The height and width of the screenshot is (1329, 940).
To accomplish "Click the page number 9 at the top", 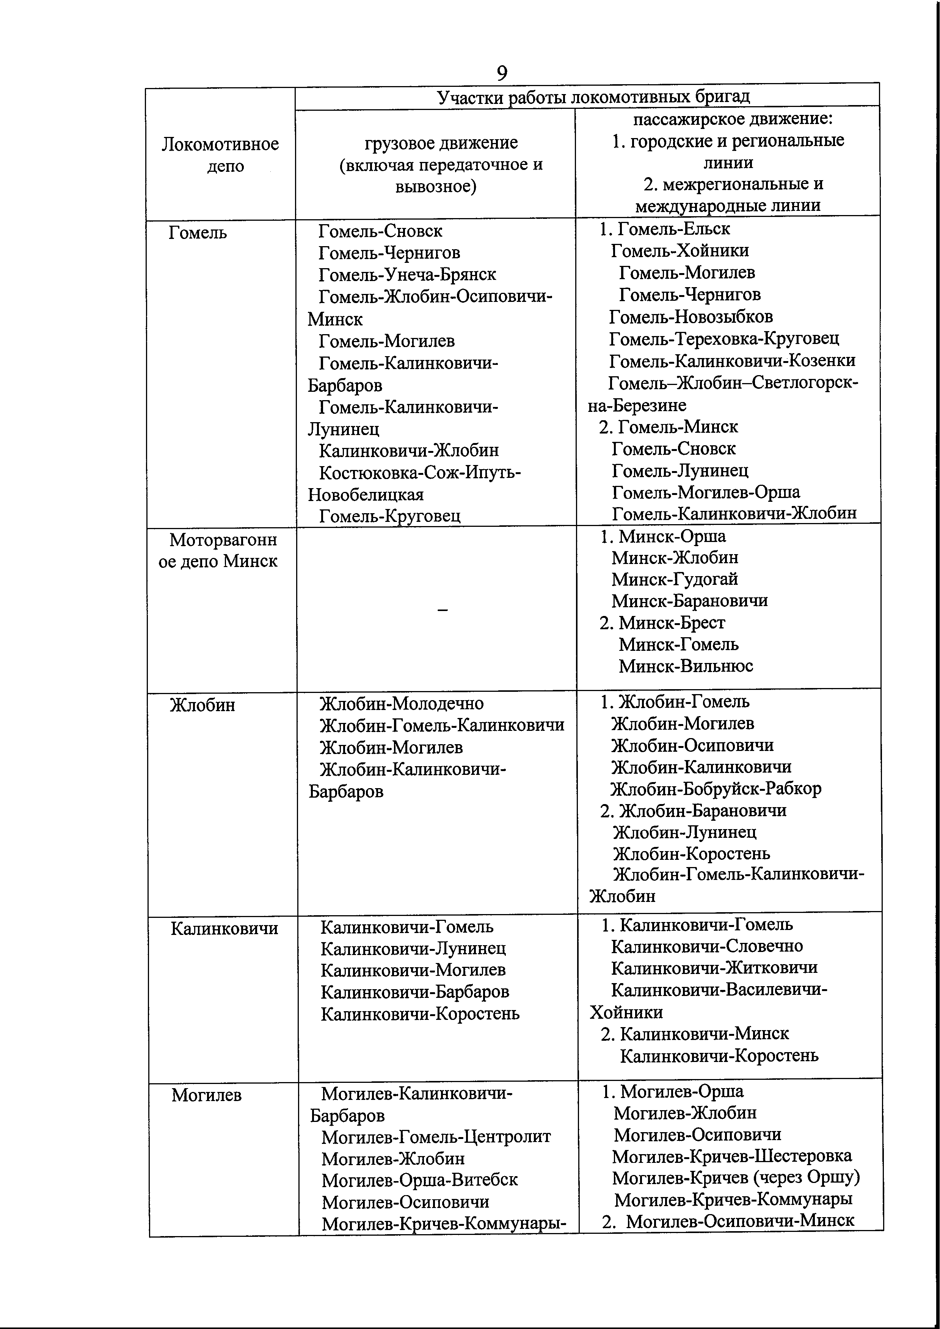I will click(502, 73).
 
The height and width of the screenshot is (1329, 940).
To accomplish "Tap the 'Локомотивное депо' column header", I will click(221, 154).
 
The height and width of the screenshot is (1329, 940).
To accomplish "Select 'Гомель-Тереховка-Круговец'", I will click(723, 339).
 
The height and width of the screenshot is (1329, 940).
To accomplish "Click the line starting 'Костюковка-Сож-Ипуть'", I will click(420, 473).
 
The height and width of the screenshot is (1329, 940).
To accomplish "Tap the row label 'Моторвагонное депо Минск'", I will click(218, 550).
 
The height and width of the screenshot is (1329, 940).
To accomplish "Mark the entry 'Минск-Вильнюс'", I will click(686, 666).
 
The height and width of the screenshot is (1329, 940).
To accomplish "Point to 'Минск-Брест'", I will click(672, 623).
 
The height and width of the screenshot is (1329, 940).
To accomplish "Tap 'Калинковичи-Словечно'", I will click(707, 946).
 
